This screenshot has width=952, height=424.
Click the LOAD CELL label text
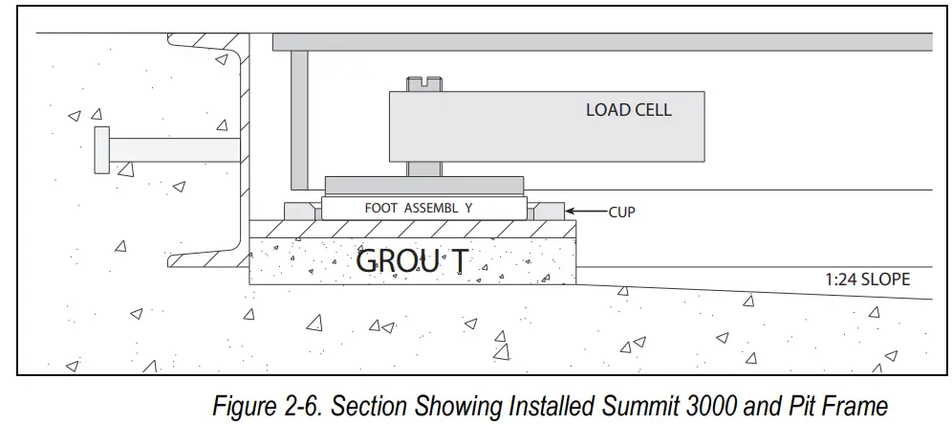[x=628, y=110]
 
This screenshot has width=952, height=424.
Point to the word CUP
[x=622, y=212]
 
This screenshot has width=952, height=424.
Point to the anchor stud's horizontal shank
[x=172, y=150]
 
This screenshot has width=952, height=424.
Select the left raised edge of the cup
[x=299, y=212]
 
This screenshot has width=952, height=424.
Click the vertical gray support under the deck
[x=299, y=119]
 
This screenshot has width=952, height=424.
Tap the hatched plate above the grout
[x=411, y=229]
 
